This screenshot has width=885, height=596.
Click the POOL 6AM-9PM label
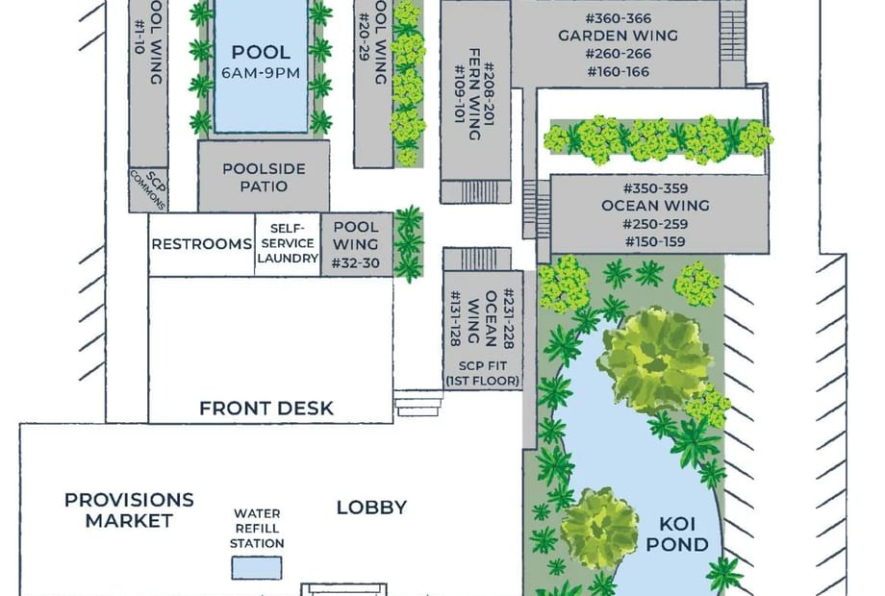click(261, 62)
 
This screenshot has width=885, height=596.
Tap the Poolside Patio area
click(264, 177)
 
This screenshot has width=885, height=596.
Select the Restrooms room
click(201, 244)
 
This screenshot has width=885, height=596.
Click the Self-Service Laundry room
click(288, 244)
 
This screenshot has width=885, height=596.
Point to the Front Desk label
click(266, 409)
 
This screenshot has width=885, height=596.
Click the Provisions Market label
click(129, 510)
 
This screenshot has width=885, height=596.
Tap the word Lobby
click(371, 508)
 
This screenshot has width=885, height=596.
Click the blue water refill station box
click(257, 568)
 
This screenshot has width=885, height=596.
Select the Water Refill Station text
click(257, 529)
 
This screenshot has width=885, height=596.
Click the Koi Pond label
click(676, 534)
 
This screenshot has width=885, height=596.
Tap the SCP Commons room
click(148, 189)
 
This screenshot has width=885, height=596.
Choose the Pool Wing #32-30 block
click(357, 244)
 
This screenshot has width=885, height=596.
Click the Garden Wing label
click(618, 36)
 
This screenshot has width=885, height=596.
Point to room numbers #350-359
click(655, 188)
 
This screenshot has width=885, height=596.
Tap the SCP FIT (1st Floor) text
click(483, 373)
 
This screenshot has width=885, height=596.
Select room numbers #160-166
click(618, 71)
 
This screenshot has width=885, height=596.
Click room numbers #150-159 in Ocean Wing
click(655, 242)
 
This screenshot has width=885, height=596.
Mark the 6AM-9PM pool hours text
click(261, 73)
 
